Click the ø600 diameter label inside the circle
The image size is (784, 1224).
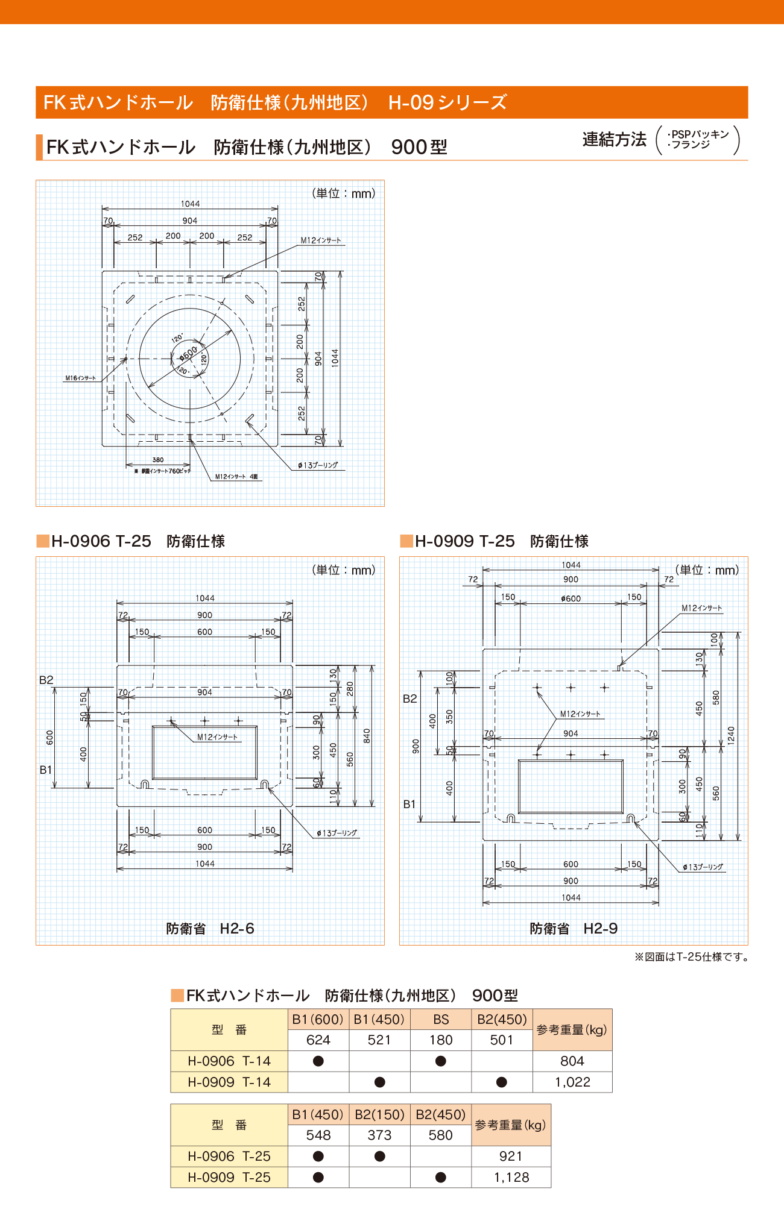click(188, 353)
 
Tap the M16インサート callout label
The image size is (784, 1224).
click(80, 378)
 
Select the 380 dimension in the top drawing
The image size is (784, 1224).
click(158, 460)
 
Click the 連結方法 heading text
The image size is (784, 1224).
click(614, 140)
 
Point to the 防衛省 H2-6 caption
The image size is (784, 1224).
click(210, 929)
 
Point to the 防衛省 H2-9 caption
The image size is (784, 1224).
click(574, 929)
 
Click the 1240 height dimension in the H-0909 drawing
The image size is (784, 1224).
click(731, 735)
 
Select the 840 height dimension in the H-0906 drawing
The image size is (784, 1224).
click(367, 736)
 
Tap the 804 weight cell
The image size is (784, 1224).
click(572, 1061)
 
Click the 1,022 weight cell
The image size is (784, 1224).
click(572, 1082)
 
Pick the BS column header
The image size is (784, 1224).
click(441, 1020)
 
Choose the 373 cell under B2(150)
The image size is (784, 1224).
click(379, 1135)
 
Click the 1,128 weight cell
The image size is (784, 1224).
click(511, 1178)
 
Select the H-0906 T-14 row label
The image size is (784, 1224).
click(229, 1061)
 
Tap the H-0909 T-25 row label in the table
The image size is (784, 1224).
click(229, 1178)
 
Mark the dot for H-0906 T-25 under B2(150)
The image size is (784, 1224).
click(379, 1157)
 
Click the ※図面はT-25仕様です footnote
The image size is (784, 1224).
click(691, 957)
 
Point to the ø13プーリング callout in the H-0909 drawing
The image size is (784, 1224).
click(703, 867)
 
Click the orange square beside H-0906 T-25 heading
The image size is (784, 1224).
click(43, 541)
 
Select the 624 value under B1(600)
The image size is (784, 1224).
click(318, 1040)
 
